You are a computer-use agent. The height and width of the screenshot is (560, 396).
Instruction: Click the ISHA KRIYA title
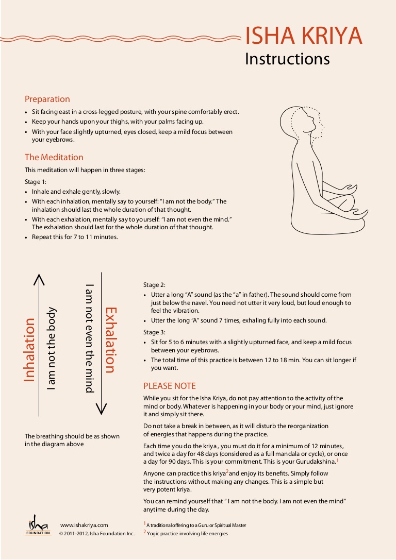[x=303, y=36]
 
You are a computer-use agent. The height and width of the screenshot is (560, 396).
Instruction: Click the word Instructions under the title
[x=287, y=59]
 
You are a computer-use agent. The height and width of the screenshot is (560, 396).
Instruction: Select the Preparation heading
[x=47, y=99]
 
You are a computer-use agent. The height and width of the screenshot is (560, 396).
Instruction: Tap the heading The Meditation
[x=54, y=157]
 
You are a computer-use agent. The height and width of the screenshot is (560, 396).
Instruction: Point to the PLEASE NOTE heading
[x=169, y=386]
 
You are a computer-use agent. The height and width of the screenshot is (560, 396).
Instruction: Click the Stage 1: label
[x=36, y=182]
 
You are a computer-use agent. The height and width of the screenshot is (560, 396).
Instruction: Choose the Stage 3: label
[x=154, y=332]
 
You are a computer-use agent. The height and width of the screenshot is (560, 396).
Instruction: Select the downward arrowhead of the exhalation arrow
[x=102, y=409]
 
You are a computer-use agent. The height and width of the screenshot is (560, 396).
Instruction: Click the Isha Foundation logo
[x=38, y=525]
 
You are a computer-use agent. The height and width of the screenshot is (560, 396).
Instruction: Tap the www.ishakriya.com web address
[x=84, y=525]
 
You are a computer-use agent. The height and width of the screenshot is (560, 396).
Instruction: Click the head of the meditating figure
[x=299, y=124]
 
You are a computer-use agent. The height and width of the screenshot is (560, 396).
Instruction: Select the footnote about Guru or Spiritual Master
[x=196, y=525]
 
